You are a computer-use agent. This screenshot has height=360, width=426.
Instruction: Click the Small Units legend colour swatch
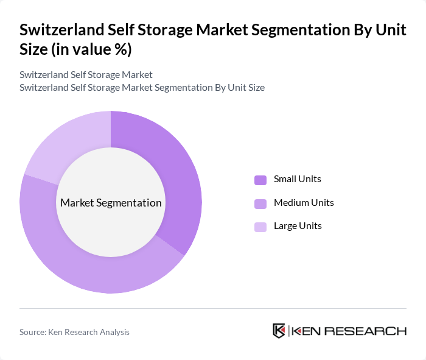tap(260, 180)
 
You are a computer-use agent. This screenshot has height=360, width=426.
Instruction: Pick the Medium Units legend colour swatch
tap(260, 203)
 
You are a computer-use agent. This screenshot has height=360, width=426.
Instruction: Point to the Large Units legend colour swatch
tap(260, 227)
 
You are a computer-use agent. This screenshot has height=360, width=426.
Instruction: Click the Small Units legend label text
tap(297, 179)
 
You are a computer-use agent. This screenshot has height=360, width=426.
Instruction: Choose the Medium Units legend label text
tap(304, 203)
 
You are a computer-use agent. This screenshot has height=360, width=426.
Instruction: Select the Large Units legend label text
tap(298, 226)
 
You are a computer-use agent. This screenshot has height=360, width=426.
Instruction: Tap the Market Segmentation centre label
tap(111, 203)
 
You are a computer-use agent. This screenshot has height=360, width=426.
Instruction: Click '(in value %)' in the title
tap(91, 49)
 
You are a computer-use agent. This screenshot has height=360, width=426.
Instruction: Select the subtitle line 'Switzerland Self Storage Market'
tap(86, 75)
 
